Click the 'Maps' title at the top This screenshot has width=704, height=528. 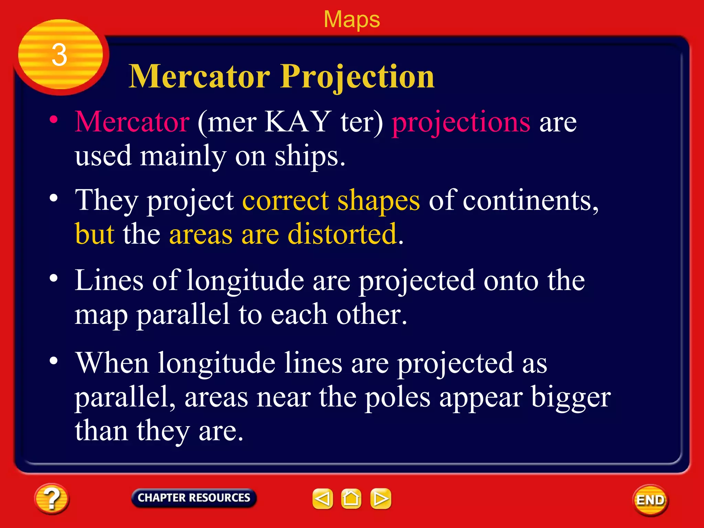point(352,19)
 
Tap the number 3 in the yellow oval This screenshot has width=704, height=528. point(59,55)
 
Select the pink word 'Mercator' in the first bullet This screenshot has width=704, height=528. point(132,122)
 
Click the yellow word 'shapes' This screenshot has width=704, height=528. point(378,201)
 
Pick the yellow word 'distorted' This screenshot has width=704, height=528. point(342,234)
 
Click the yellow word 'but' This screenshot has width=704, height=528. point(95,234)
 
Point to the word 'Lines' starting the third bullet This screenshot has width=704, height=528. point(109,280)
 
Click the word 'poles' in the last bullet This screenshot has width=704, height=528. point(397,397)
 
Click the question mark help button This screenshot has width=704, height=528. point(52,499)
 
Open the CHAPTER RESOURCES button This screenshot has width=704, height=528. point(194,498)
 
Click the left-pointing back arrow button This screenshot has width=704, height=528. point(322,498)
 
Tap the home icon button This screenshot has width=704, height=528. point(351,498)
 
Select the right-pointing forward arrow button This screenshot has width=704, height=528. point(381,498)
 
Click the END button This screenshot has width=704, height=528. point(650,500)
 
